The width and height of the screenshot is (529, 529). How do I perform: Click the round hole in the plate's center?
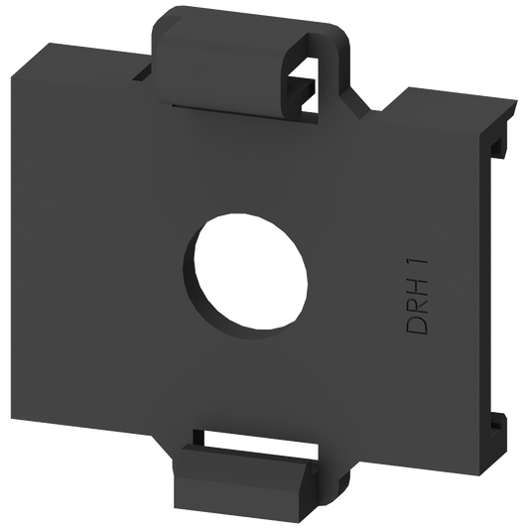(x=250, y=271)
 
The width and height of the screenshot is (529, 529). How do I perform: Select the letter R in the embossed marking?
(x=418, y=304)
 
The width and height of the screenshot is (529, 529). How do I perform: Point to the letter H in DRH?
(x=418, y=282)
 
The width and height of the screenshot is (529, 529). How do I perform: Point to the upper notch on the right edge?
(x=498, y=149)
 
